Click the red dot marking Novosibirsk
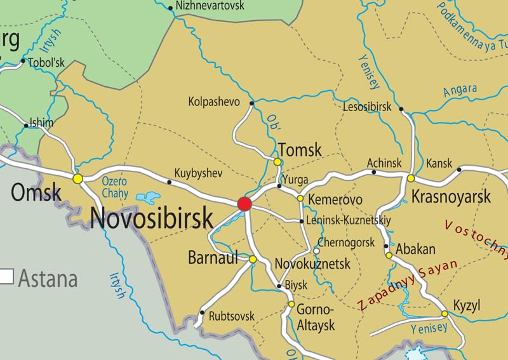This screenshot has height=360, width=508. [x=244, y=204]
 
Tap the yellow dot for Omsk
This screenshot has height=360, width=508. [x=77, y=179]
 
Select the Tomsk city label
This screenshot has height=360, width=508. [x=300, y=150]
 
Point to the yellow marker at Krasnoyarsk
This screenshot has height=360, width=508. [x=411, y=178]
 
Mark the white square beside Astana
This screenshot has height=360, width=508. [x=7, y=276]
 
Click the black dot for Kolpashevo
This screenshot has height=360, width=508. [x=252, y=102]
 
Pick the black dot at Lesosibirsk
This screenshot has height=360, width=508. [x=401, y=109]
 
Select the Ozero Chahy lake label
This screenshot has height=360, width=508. [x=115, y=187]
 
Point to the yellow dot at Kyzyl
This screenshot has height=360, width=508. [x=444, y=314]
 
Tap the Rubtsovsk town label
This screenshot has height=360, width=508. [x=231, y=316]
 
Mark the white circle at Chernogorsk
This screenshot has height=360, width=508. [x=316, y=251]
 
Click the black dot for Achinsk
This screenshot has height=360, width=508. [x=373, y=172]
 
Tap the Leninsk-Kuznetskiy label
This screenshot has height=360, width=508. [x=349, y=221]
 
